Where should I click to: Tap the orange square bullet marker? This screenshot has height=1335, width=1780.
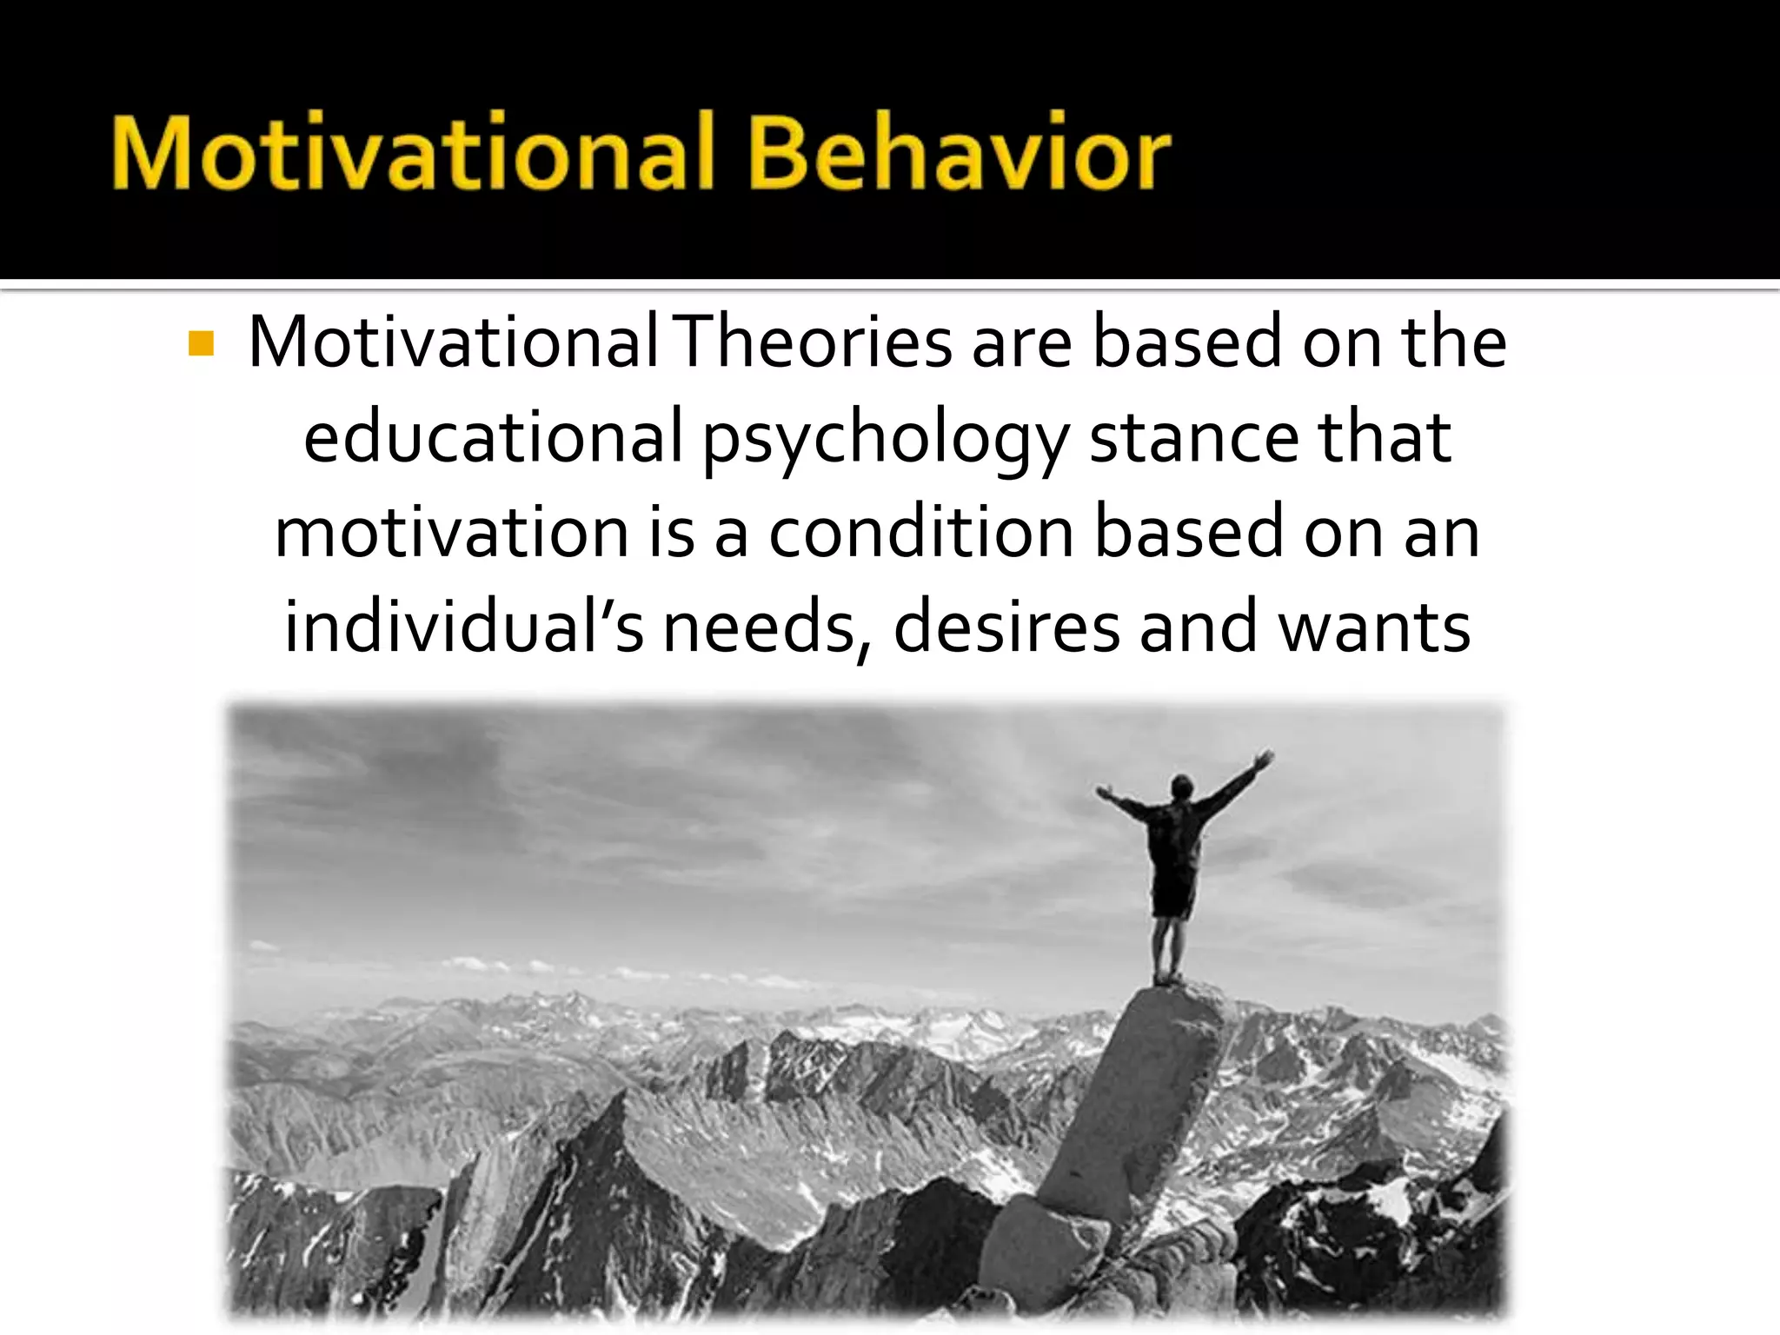pyautogui.click(x=201, y=344)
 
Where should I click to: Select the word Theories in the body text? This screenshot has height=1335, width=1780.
pyautogui.click(x=814, y=342)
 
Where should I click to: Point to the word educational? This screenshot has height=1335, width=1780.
pyautogui.click(x=493, y=437)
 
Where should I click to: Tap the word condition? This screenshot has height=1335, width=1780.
pyautogui.click(x=920, y=532)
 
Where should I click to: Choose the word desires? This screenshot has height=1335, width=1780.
pyautogui.click(x=1006, y=627)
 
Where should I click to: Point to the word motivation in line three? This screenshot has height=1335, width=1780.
pyautogui.click(x=451, y=532)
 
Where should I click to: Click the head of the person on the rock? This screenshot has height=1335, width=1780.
pyautogui.click(x=1180, y=786)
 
